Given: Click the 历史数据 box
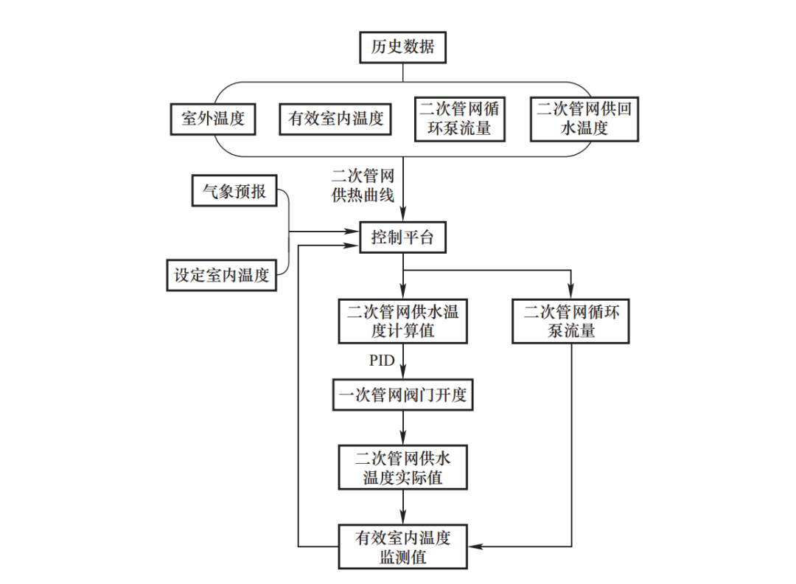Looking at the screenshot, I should [x=402, y=49].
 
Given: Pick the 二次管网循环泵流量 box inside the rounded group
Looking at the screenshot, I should [x=459, y=119].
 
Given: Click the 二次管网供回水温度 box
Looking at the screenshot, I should [x=584, y=119].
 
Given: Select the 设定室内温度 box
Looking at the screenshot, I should [x=221, y=276].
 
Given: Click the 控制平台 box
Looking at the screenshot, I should [x=402, y=237].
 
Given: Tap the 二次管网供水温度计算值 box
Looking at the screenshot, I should [x=402, y=321].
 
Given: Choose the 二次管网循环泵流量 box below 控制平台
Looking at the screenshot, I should [x=571, y=321].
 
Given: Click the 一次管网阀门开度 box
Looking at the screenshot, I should [x=402, y=395].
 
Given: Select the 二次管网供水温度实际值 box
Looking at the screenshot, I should [x=402, y=467].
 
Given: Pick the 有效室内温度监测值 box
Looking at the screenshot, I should [x=402, y=546].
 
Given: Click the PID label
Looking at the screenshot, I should [x=382, y=361].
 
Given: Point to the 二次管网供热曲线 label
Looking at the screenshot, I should [x=363, y=186].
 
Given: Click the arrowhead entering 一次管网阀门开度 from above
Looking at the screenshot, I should [x=403, y=375].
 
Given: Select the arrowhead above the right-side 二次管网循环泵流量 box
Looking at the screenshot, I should [x=571, y=293].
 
